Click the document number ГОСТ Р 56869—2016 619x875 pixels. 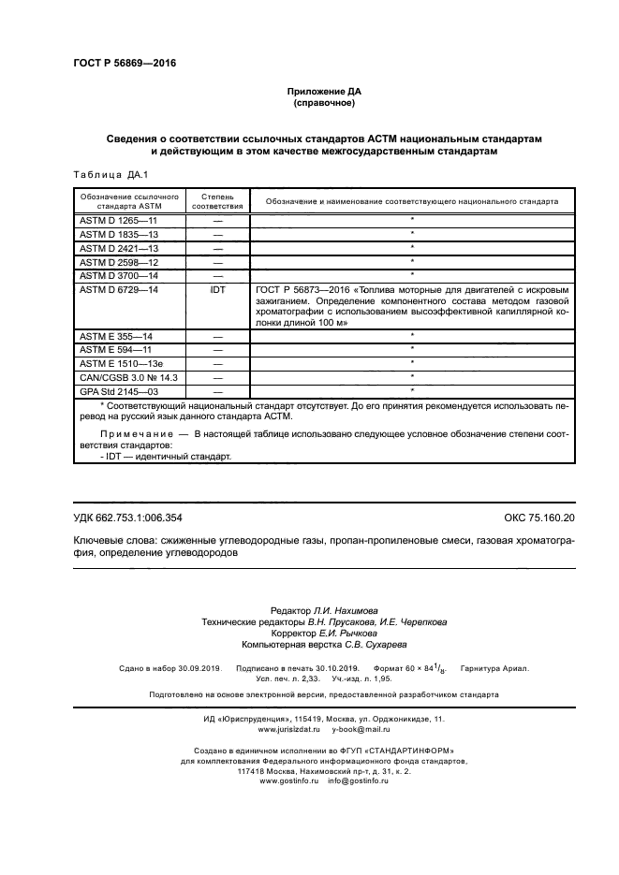(125, 64)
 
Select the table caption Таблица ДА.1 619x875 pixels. (104, 175)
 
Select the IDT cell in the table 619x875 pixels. (217, 291)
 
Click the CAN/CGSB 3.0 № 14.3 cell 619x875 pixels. (127, 375)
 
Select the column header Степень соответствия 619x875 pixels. (217, 201)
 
